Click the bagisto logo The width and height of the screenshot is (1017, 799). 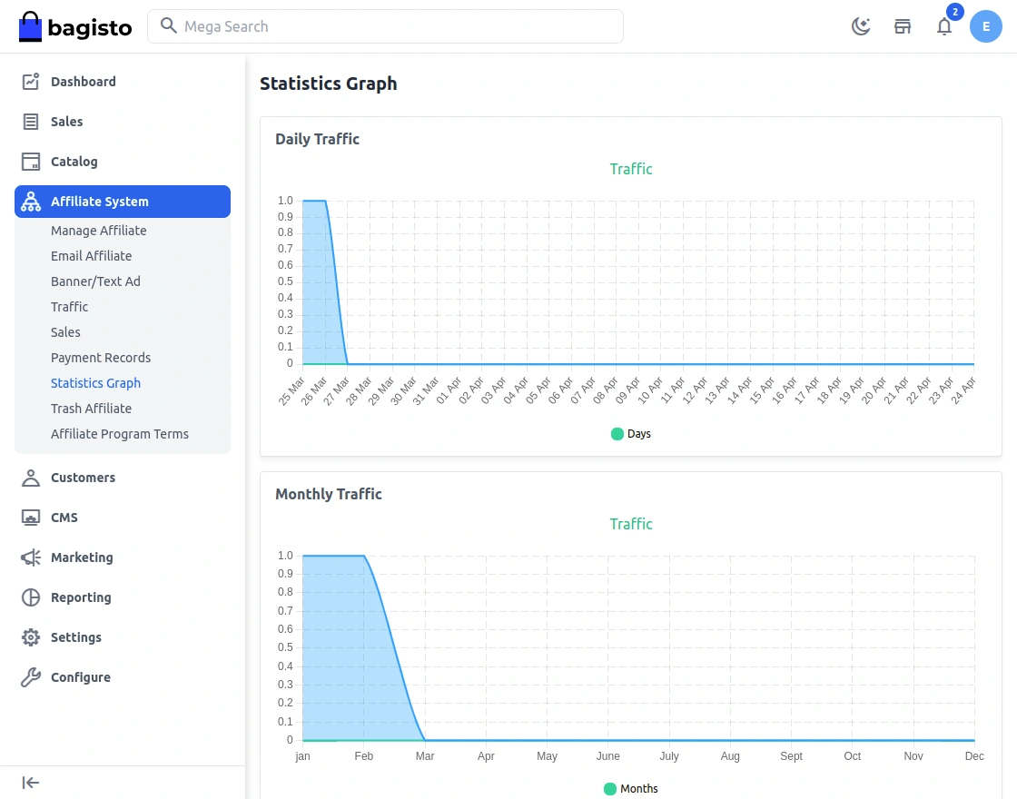(x=75, y=27)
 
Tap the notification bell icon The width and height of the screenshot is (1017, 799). (x=944, y=26)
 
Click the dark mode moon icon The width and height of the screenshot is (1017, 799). (x=861, y=26)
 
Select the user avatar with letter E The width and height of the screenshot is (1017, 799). (x=985, y=26)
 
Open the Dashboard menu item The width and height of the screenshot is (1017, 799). (x=83, y=82)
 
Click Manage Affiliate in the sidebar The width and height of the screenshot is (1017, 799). (x=98, y=231)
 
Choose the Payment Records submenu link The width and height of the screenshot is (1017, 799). (x=101, y=358)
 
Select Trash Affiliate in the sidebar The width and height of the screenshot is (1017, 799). (x=91, y=409)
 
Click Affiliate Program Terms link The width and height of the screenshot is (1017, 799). (x=120, y=434)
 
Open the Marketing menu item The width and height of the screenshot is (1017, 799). (x=82, y=557)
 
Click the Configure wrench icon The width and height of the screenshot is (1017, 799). (x=31, y=677)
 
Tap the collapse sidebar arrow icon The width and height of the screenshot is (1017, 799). (x=31, y=783)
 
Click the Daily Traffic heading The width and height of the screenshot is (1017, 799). (x=317, y=139)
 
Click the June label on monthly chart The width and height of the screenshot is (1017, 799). (x=607, y=756)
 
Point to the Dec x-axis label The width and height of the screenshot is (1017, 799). (x=973, y=756)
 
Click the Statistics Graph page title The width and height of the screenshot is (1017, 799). (x=328, y=84)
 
